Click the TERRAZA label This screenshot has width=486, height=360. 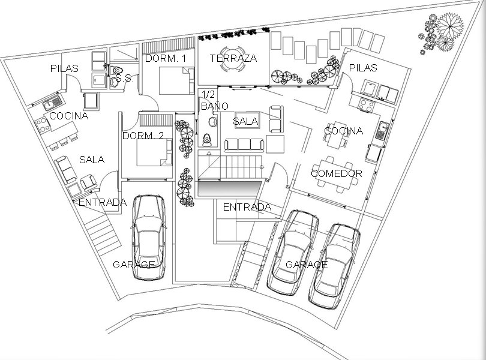pyautogui.click(x=233, y=58)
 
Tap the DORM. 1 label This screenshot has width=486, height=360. pyautogui.click(x=166, y=58)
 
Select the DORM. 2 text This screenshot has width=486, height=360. pyautogui.click(x=143, y=136)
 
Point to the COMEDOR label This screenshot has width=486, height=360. pyautogui.click(x=337, y=173)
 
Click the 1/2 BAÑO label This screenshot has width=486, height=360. pyautogui.click(x=214, y=100)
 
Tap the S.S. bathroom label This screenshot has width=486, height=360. pyautogui.click(x=124, y=78)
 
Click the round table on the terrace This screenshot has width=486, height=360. pyautogui.click(x=233, y=58)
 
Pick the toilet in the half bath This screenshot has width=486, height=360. pyautogui.click(x=207, y=140)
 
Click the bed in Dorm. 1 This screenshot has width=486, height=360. pyautogui.click(x=176, y=80)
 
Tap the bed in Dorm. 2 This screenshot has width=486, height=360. pyautogui.click(x=154, y=152)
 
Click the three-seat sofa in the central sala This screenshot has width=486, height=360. pyautogui.click(x=244, y=145)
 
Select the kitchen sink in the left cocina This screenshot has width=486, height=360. pyautogui.click(x=52, y=103)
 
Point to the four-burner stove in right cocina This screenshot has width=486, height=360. pyautogui.click(x=367, y=104)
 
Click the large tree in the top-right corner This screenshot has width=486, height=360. pyautogui.click(x=450, y=26)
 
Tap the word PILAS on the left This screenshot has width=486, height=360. pyautogui.click(x=64, y=68)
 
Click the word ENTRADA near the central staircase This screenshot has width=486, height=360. pyautogui.click(x=247, y=207)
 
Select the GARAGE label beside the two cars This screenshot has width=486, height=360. pyautogui.click(x=307, y=265)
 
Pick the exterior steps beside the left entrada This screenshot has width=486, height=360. pyautogui.click(x=103, y=233)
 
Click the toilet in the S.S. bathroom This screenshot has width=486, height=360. pyautogui.click(x=117, y=70)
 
